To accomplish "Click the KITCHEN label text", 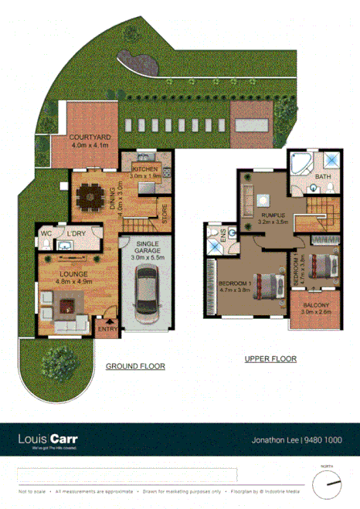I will pos(145,168).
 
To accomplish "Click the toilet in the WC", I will pos(46,245).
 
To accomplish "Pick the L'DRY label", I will pos(76,234).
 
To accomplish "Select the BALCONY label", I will pos(315,306).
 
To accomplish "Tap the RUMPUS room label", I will pos(271,215).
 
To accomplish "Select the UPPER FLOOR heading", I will pos(270,358).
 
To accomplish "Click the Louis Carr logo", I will pos(48,439).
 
